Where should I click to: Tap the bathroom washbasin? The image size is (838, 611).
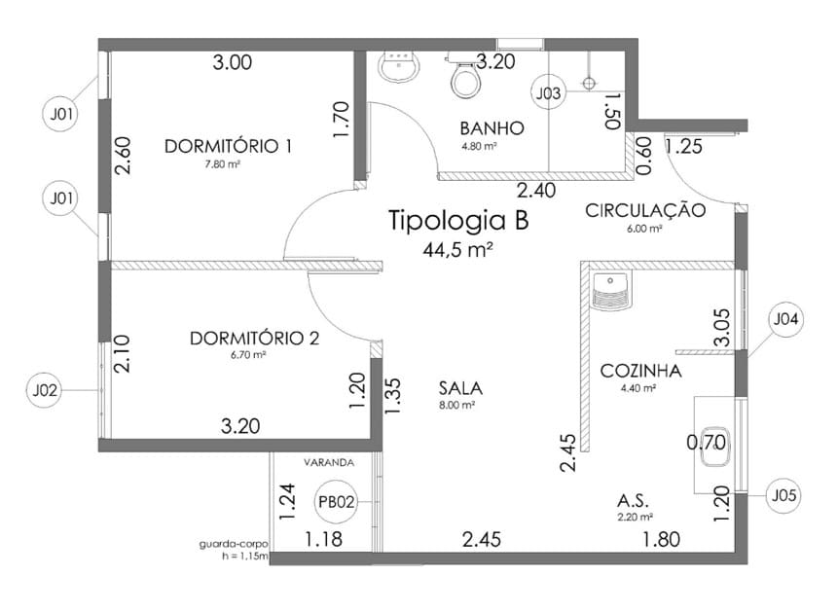(399, 66)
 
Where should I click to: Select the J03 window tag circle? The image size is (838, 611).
(548, 93)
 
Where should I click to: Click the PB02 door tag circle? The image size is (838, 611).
(336, 502)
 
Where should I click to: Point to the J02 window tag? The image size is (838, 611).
(44, 390)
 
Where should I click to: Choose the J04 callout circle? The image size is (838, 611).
(785, 319)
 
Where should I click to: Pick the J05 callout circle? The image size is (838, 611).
(783, 495)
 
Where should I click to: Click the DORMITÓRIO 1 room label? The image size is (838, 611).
(228, 146)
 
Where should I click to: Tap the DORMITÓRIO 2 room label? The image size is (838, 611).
(254, 338)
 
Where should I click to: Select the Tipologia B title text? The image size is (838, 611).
(458, 220)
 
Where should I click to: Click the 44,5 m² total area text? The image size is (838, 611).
(457, 249)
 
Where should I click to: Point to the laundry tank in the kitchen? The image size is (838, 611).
(611, 291)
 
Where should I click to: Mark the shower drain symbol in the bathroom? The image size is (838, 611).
(589, 84)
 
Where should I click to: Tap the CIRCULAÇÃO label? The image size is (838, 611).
(645, 210)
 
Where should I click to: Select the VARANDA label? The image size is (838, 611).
(329, 462)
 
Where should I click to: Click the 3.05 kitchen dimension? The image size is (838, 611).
(721, 328)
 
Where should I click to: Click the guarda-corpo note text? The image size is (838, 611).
(234, 545)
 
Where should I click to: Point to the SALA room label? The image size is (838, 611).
(460, 388)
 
